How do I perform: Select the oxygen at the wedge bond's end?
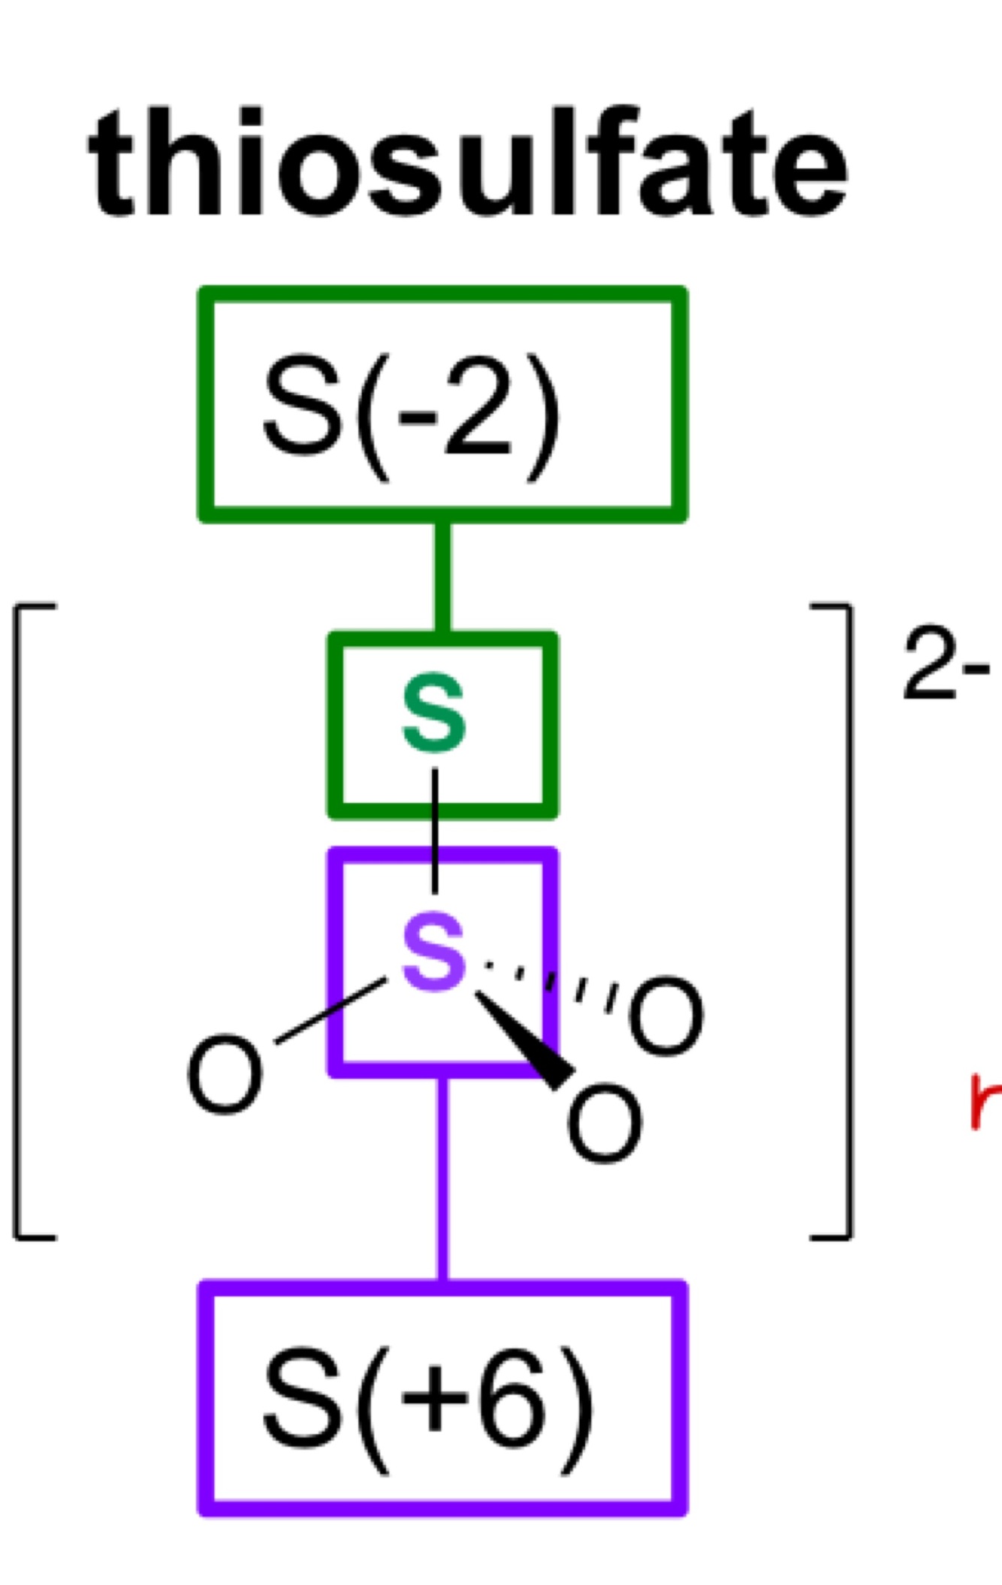(x=605, y=1122)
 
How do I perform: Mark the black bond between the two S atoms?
(x=434, y=830)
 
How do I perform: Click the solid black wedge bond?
(x=526, y=1040)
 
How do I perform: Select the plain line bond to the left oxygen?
(x=330, y=1011)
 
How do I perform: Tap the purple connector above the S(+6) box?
(x=443, y=1179)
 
